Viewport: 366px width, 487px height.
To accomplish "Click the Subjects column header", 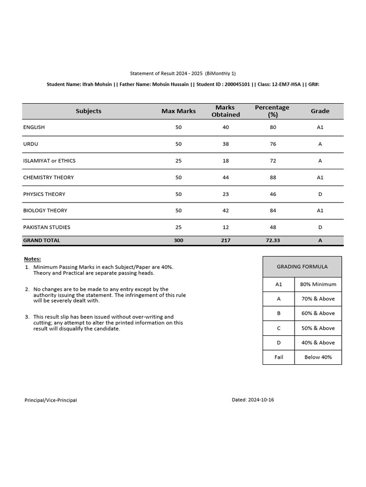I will point(88,111).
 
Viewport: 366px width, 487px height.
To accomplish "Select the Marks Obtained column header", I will point(225,111).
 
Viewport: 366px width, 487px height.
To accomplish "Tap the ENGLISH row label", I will point(34,127).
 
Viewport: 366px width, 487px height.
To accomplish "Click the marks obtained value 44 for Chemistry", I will point(225,177).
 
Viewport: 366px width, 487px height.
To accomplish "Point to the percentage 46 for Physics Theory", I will point(273,194).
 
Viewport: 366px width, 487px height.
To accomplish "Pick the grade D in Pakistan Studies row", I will point(320,227).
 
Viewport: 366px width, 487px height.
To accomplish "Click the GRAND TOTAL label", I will point(41,241).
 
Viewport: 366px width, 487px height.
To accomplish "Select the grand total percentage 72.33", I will point(273,241).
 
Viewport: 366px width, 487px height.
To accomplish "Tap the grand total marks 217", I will point(225,241).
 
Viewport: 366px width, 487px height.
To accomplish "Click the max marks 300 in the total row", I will point(178,241).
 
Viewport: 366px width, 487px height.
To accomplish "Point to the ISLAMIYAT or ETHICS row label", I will point(49,161).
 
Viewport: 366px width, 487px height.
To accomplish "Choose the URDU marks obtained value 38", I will point(225,144).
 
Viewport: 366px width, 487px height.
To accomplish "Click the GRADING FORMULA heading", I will point(302,267).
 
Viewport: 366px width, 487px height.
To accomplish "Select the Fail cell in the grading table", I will point(279,357).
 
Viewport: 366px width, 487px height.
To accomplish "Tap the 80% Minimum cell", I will point(318,284).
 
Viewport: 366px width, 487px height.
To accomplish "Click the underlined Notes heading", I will point(32,259).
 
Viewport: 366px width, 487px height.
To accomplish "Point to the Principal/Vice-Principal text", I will point(51,400).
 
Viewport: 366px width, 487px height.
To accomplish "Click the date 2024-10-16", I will point(261,399).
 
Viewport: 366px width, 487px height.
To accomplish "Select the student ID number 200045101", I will point(237,84).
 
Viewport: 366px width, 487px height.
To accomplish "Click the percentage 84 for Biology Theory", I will point(273,211).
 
